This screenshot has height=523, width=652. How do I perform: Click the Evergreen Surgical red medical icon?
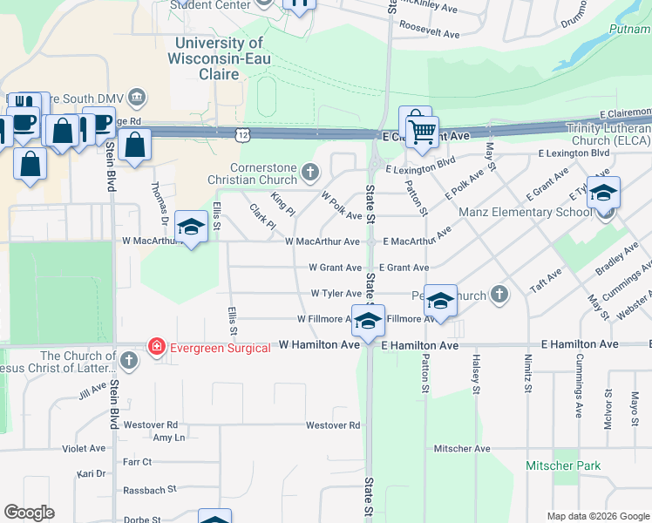tap(157, 346)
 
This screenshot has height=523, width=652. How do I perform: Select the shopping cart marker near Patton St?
tap(423, 132)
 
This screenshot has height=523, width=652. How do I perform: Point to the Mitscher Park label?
tap(563, 465)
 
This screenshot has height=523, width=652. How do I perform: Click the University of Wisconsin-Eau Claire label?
tap(219, 58)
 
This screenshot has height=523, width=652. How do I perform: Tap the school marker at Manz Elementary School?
tap(602, 195)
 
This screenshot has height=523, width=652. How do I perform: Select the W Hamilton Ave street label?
tap(319, 345)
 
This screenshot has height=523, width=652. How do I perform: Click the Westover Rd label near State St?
tap(332, 425)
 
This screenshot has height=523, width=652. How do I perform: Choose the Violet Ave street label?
tap(84, 448)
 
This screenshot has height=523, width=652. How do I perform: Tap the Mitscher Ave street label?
tap(462, 448)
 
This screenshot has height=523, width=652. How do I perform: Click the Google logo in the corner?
tap(30, 512)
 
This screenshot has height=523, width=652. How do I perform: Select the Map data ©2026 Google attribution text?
tap(597, 515)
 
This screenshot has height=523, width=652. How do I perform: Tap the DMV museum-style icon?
tap(136, 96)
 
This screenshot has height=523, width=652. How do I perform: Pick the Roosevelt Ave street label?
tap(429, 33)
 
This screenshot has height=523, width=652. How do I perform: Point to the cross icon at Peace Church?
tap(499, 295)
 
